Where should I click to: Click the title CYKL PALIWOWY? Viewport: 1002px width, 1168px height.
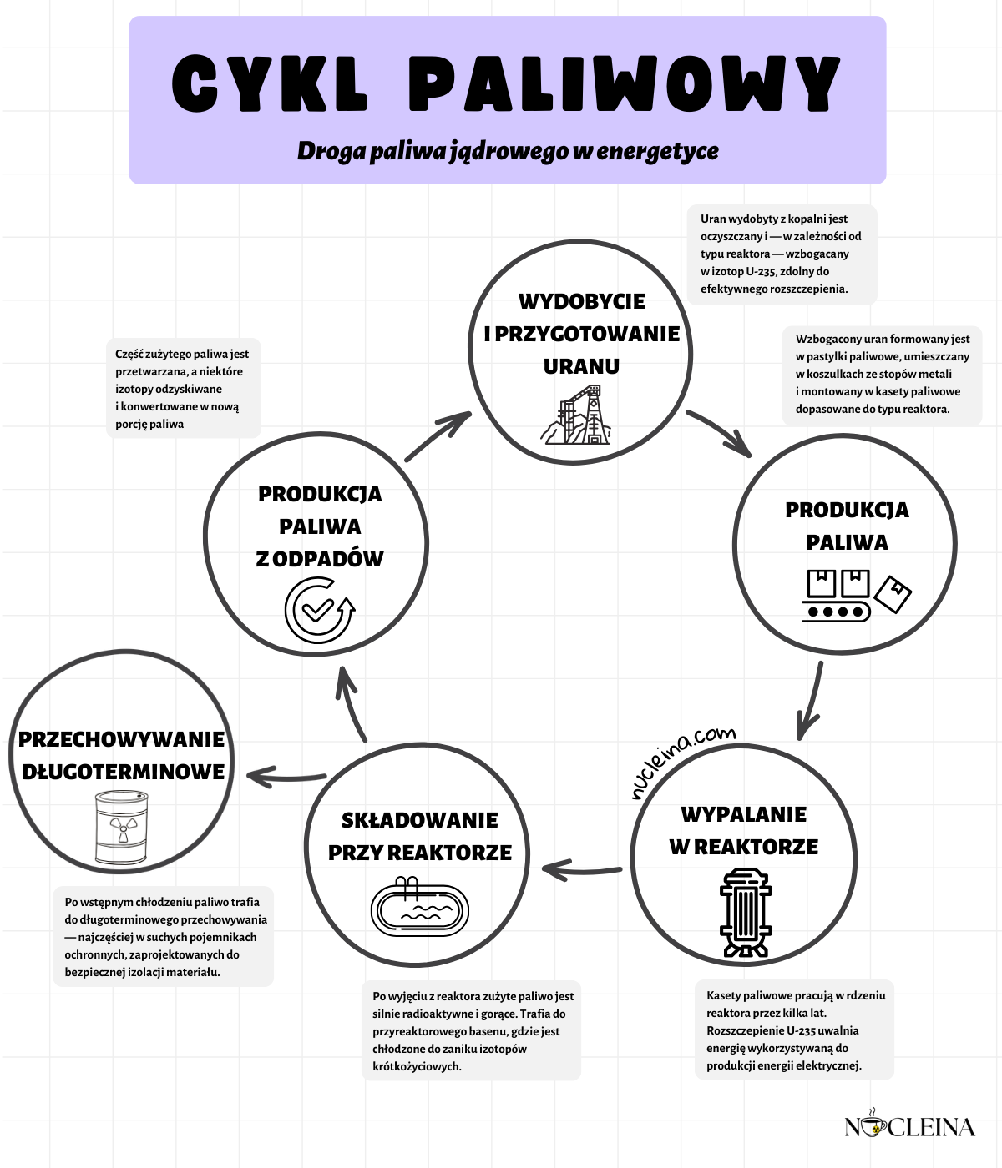506,84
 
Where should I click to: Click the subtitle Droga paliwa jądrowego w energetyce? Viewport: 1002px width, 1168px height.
508,151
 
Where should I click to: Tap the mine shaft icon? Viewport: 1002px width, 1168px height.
580,415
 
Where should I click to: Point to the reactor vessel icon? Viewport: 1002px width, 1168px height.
745,912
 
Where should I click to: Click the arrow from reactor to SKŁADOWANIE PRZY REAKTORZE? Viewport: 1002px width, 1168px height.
582,870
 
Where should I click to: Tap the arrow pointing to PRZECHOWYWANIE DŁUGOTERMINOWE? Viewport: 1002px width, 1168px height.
286,777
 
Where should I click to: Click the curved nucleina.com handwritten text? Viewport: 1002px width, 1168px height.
683,760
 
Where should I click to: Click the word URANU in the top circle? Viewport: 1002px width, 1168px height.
581,366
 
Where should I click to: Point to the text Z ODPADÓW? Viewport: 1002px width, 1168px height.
320,559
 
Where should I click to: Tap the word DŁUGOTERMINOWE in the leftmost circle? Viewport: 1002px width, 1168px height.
123,772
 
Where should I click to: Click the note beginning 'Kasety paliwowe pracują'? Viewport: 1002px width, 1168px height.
794,1030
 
